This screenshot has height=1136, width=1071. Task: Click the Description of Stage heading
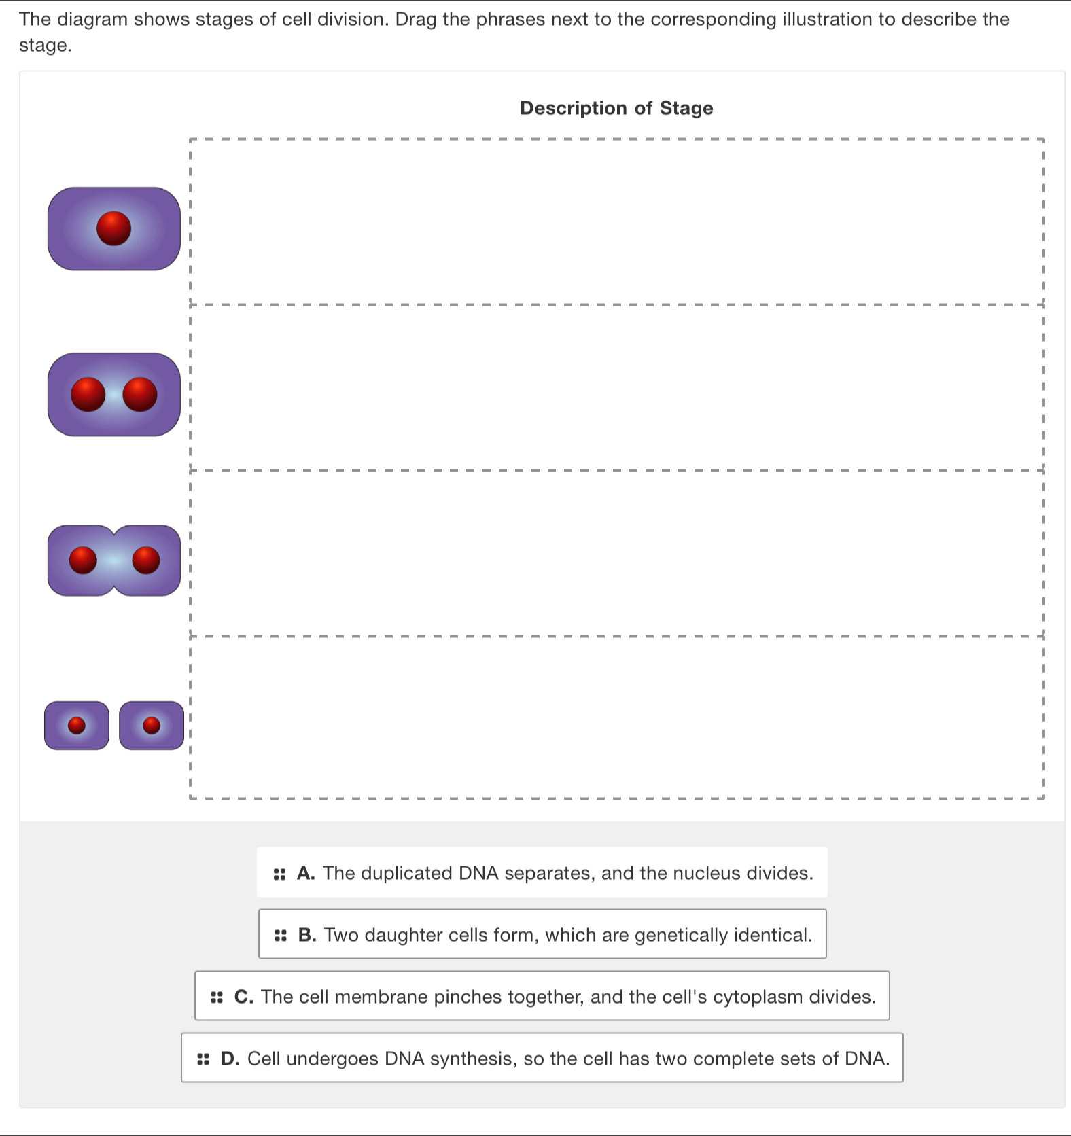point(616,108)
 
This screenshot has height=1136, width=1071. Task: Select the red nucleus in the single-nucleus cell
point(113,228)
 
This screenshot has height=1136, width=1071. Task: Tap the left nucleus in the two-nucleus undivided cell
point(88,395)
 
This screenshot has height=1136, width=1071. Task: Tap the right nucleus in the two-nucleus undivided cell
point(140,395)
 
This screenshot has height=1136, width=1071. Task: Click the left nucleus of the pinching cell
point(84,560)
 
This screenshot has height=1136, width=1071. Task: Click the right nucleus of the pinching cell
point(146,560)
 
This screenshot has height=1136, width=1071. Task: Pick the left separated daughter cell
point(77,726)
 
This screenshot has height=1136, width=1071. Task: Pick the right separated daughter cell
point(152,726)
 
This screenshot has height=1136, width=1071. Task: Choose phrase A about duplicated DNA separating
point(542,872)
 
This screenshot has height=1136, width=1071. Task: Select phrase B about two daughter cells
point(542,934)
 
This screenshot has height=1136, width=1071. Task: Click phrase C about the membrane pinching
point(542,996)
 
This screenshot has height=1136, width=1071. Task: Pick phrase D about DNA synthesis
point(542,1058)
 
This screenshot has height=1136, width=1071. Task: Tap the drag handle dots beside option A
point(279,874)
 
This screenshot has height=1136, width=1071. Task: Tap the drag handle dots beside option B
point(281,936)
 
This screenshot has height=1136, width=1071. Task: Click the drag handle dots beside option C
point(217,997)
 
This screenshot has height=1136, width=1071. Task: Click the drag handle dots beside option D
point(203,1059)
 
